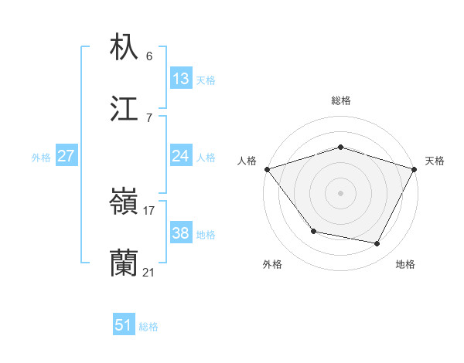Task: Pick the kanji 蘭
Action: pyautogui.click(x=125, y=264)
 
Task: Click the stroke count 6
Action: pyautogui.click(x=149, y=56)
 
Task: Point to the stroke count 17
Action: pyautogui.click(x=149, y=210)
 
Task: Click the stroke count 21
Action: pyautogui.click(x=149, y=272)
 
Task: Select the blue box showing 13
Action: pyautogui.click(x=181, y=79)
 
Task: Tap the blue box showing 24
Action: pyautogui.click(x=181, y=156)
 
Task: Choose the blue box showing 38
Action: pyautogui.click(x=181, y=233)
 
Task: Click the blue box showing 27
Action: pyautogui.click(x=67, y=156)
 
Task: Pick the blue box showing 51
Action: pyautogui.click(x=124, y=325)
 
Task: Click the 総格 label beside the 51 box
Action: pyautogui.click(x=148, y=327)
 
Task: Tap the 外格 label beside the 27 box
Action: pyautogui.click(x=41, y=158)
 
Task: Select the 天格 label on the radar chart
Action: pyautogui.click(x=435, y=161)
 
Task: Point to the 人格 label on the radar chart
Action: pyautogui.click(x=247, y=161)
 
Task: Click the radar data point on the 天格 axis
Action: pyautogui.click(x=415, y=169)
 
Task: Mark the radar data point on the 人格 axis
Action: pyautogui.click(x=267, y=169)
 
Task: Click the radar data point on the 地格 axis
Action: pyautogui.click(x=377, y=243)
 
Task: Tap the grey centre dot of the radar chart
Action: pyautogui.click(x=340, y=193)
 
